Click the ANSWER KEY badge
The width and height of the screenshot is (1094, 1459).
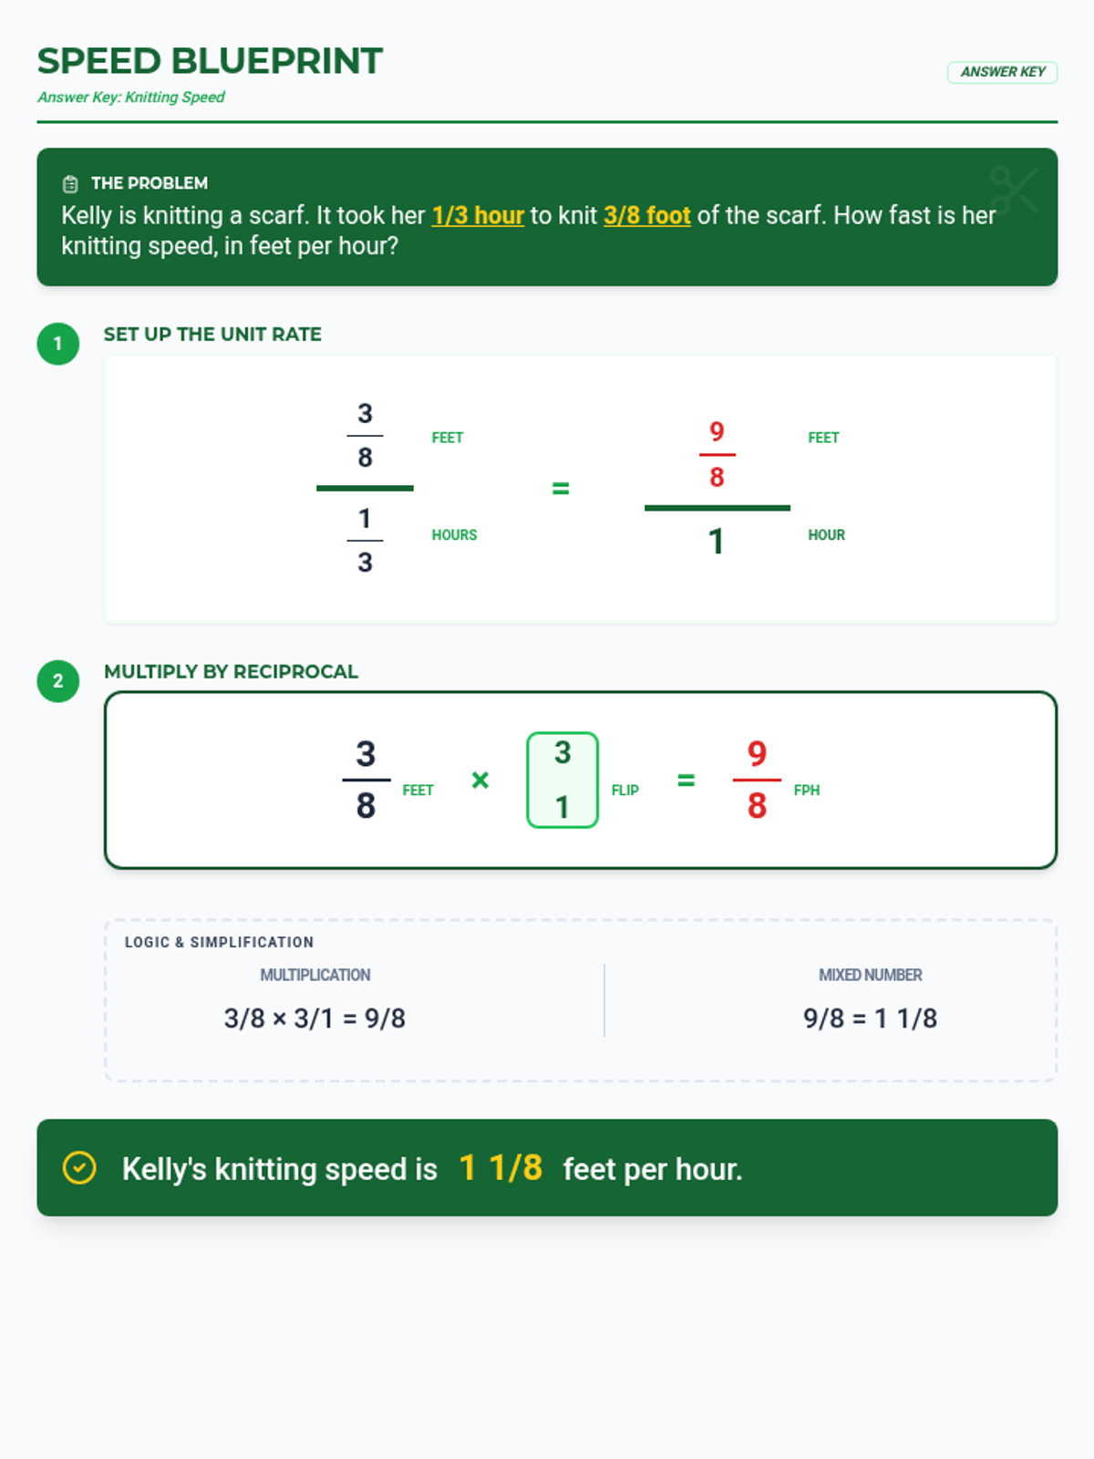pyautogui.click(x=1002, y=72)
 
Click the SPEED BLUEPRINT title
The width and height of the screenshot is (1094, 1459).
pyautogui.click(x=210, y=61)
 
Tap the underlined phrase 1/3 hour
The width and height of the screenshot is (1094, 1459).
pyautogui.click(x=478, y=215)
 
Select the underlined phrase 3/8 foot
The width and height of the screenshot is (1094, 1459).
pyautogui.click(x=647, y=215)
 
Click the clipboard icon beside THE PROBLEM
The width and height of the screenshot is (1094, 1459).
pyautogui.click(x=70, y=183)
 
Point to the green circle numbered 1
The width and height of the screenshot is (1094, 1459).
pyautogui.click(x=57, y=344)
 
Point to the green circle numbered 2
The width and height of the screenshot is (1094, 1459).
pyautogui.click(x=57, y=680)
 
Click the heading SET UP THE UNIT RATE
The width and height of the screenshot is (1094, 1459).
pyautogui.click(x=212, y=335)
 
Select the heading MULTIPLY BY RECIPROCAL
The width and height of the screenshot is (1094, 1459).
pyautogui.click(x=232, y=671)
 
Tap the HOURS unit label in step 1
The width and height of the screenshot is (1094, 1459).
pyautogui.click(x=454, y=535)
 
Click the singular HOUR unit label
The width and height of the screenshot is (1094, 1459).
pyautogui.click(x=826, y=535)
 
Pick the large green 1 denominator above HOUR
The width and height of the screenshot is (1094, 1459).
pyautogui.click(x=716, y=541)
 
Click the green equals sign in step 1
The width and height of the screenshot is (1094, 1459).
pyautogui.click(x=561, y=489)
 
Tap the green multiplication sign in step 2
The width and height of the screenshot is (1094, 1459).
pyautogui.click(x=480, y=780)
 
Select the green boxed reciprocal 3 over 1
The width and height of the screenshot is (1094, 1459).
pyautogui.click(x=562, y=780)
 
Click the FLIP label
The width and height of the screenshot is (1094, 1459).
pyautogui.click(x=625, y=791)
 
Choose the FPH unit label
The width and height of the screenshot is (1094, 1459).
pyautogui.click(x=807, y=791)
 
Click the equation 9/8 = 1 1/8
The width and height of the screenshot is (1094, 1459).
pyautogui.click(x=870, y=1019)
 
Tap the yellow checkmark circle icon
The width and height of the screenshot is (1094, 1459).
pyautogui.click(x=79, y=1168)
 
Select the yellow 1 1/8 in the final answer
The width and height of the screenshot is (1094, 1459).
pyautogui.click(x=501, y=1167)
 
